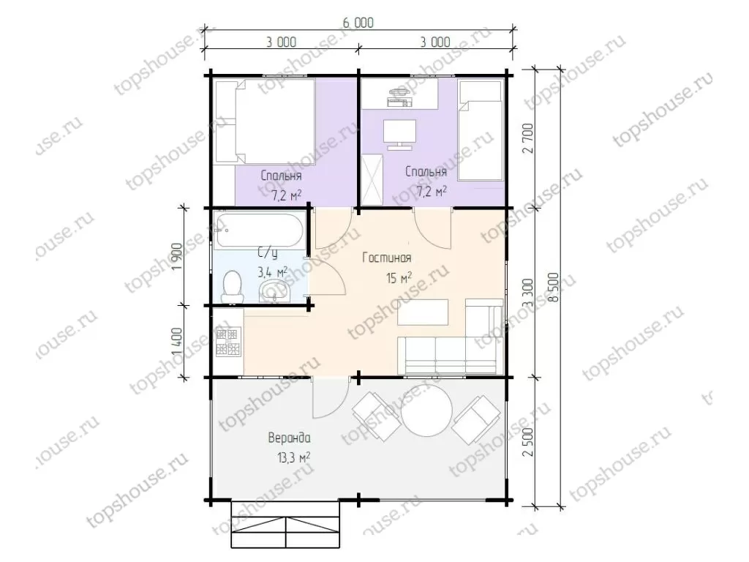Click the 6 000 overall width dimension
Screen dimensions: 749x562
coord(358,23)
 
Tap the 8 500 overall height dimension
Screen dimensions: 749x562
coord(554,287)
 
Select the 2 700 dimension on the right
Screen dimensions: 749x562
coord(528,138)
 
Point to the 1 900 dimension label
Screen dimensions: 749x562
coord(176,257)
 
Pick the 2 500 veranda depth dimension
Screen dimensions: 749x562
coord(528,441)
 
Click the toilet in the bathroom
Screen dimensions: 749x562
coord(233,287)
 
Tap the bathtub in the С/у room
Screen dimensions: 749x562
coord(259,231)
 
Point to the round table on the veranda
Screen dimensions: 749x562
coord(426,411)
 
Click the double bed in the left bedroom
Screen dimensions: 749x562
coord(264,121)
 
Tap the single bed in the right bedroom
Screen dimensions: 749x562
coord(481,130)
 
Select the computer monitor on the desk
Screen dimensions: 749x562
coord(399,135)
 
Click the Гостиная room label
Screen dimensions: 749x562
coord(386,258)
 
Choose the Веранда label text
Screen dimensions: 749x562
coord(289,438)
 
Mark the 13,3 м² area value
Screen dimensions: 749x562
coord(293,458)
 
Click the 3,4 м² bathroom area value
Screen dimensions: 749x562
coord(272,272)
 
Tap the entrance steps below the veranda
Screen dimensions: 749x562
coord(286,525)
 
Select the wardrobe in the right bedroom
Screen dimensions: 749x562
coord(372,179)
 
